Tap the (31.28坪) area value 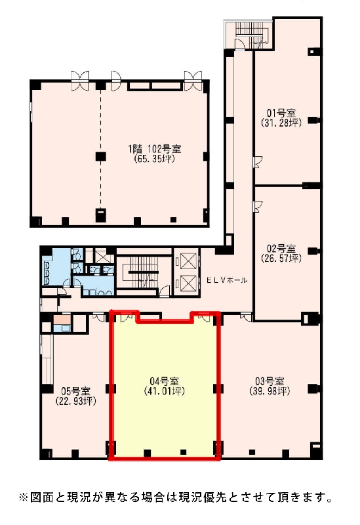point(281,123)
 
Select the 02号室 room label point(281,249)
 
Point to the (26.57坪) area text point(281,258)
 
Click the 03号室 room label point(270,381)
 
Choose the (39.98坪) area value point(270,390)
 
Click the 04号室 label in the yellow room point(165,381)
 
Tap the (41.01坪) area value point(165,390)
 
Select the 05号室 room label point(75,391)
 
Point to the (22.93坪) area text point(75,401)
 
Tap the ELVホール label point(227,280)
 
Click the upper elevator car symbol point(187,261)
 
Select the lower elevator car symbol point(187,282)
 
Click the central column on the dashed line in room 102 point(101,156)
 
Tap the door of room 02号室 point(258,207)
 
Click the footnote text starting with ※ point(176,497)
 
